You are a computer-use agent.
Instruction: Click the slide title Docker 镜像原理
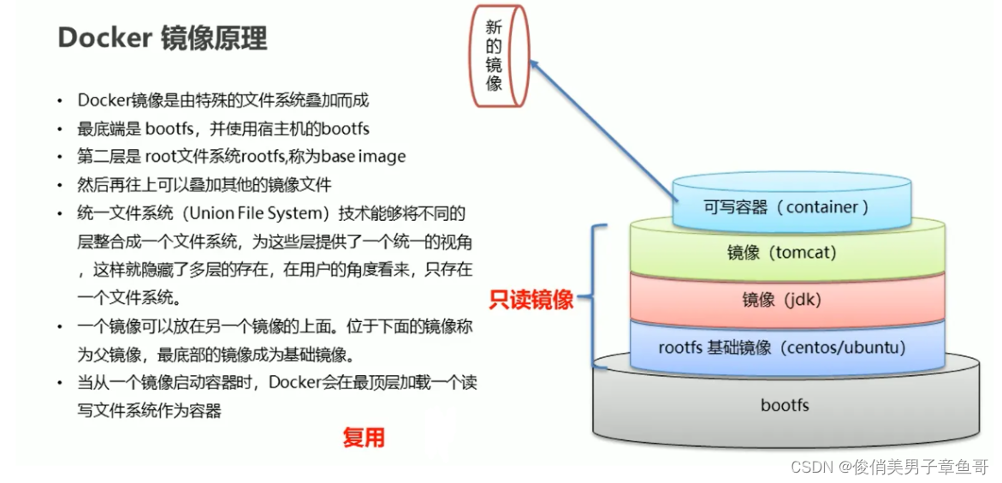[162, 39]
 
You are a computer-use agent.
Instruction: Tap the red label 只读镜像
[531, 300]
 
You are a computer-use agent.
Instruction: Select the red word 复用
[364, 438]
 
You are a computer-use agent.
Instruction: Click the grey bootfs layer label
[784, 405]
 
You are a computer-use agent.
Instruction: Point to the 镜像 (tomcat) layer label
[781, 252]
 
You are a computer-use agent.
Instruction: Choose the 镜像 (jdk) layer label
[781, 300]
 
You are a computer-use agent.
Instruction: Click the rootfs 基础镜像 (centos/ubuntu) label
[781, 348]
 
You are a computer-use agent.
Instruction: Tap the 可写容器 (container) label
[786, 206]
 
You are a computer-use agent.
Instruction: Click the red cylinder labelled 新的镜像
[495, 57]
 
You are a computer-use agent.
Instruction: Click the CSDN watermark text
[889, 467]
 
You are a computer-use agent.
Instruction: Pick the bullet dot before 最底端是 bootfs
[60, 129]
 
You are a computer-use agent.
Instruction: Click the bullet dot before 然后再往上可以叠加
[60, 186]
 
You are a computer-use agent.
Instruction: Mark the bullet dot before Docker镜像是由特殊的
[60, 101]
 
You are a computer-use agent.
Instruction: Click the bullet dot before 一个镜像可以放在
[60, 328]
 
